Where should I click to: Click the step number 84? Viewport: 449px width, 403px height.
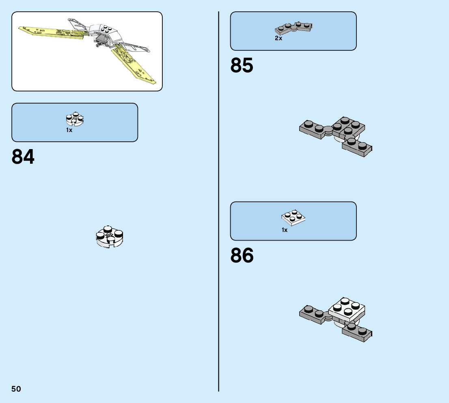tap(23, 157)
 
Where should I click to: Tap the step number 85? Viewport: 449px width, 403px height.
tap(242, 66)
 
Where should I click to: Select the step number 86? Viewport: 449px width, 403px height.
tap(242, 256)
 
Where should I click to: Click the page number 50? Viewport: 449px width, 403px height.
tap(16, 389)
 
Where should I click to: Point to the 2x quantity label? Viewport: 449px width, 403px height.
tap(278, 38)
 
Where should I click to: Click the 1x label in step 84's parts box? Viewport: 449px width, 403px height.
tap(69, 130)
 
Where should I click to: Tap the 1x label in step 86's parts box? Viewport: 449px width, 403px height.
tap(285, 230)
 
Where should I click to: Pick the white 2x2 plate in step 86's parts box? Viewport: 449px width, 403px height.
tap(294, 217)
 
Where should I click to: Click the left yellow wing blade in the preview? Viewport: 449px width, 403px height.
tap(51, 32)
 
